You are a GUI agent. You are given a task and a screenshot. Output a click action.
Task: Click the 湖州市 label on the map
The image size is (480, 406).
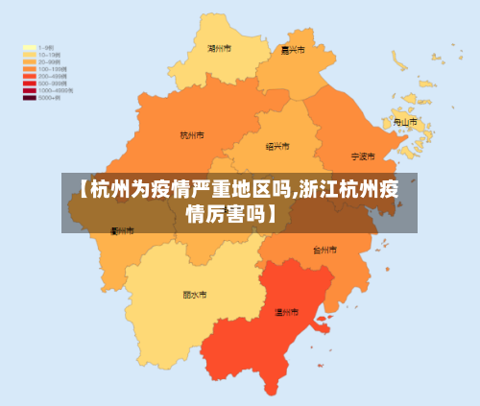coord(219,48)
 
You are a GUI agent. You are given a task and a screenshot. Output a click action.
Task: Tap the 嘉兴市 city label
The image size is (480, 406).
coord(292,50)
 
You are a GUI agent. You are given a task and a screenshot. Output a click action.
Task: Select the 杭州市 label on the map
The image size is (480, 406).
coord(192,135)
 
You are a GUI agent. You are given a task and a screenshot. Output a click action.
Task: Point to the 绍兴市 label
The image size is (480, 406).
coord(276,147)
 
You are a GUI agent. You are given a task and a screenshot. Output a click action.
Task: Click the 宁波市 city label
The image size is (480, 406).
coord(363,155)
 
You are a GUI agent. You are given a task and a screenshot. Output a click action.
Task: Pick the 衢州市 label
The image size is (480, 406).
coord(122,230)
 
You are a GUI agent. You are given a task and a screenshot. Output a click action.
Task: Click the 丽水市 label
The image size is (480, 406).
coord(195,296)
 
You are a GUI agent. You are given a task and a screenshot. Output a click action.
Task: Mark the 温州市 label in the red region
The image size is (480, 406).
coord(287,312)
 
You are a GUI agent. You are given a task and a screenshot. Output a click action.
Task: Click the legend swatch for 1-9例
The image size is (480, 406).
coord(30,46)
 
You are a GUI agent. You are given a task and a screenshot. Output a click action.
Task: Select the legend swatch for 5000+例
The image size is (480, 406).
coord(30,97)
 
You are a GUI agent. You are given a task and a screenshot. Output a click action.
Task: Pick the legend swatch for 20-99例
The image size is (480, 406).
coord(30,60)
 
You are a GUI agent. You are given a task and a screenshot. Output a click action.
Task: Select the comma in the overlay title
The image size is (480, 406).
coord(295,192)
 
